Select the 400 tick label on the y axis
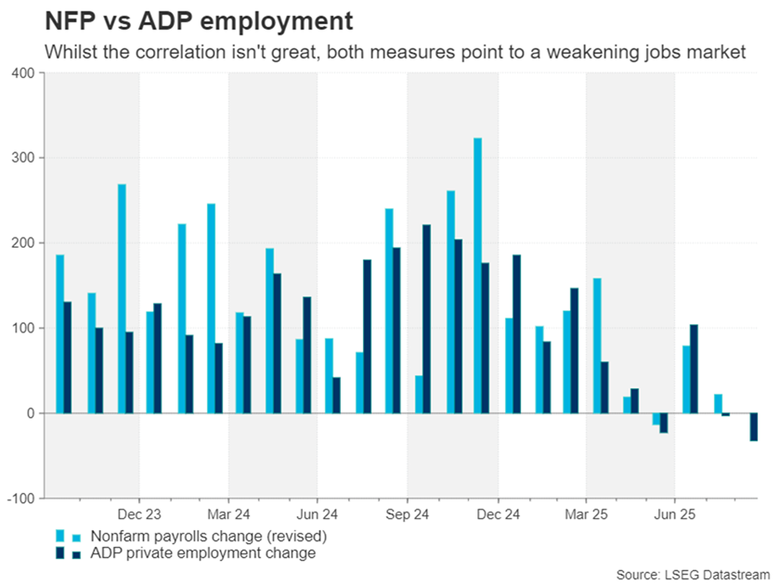coord(21,72)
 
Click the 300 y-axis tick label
coord(21,158)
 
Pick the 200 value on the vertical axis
coord(21,242)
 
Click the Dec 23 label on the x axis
coord(139,513)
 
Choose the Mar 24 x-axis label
coord(228,513)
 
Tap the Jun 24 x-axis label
coord(318,513)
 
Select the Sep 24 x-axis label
coord(407,513)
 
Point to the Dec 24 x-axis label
coord(496,513)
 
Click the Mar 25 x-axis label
coord(585,513)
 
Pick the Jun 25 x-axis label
coord(674,513)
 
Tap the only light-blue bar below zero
coord(656,419)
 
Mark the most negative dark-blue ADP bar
coord(755,427)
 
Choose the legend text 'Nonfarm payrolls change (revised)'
coord(202,536)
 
